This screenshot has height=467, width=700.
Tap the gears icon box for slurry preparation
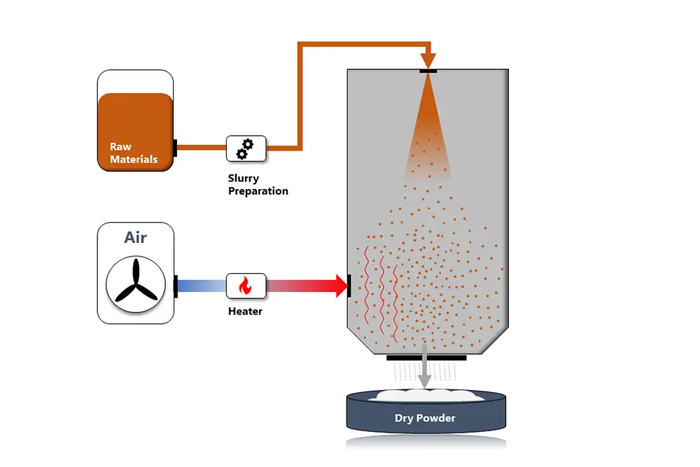click(x=246, y=148)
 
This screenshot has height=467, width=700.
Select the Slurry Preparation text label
click(x=258, y=185)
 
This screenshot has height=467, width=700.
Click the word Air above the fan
click(x=136, y=237)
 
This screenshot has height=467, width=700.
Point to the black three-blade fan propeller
click(x=135, y=286)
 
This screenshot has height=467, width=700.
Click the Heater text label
click(x=245, y=311)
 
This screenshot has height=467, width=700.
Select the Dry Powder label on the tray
click(x=426, y=419)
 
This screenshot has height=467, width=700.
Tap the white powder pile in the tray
click(x=426, y=395)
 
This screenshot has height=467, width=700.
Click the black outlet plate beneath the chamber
click(x=426, y=358)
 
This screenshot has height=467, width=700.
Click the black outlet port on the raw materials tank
click(x=175, y=148)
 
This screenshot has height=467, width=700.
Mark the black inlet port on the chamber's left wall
click(x=348, y=286)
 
